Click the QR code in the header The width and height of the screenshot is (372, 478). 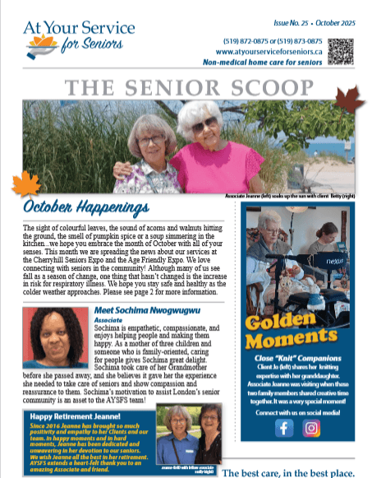[350, 52]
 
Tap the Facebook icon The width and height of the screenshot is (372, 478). [285, 428]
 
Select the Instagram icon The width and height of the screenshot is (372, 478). [311, 428]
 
